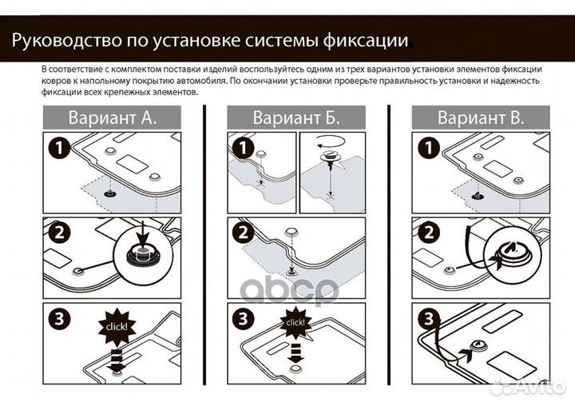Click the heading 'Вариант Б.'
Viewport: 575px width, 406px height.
click(296, 118)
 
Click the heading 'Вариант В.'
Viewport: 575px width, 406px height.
click(481, 118)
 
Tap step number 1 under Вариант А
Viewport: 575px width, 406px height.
click(57, 149)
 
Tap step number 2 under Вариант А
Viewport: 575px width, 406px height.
click(57, 233)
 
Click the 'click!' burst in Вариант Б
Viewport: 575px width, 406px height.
click(295, 322)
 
